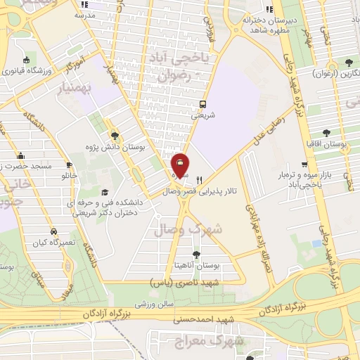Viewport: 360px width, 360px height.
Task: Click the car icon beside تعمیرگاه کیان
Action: pos(53,231)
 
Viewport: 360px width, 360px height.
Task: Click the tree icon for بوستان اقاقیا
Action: pos(326,132)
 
